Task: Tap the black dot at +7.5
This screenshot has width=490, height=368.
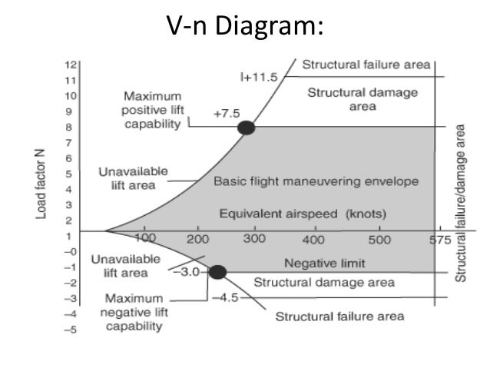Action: click(x=246, y=128)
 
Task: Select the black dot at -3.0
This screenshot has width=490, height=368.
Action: click(x=217, y=271)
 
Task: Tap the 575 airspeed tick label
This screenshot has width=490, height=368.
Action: click(x=438, y=240)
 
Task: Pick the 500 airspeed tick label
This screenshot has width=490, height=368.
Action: click(x=379, y=240)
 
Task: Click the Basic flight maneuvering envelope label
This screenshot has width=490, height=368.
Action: click(x=316, y=182)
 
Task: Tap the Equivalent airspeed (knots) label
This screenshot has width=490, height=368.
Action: click(x=302, y=213)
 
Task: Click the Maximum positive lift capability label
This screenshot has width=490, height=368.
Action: click(x=154, y=110)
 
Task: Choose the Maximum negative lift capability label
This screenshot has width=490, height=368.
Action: click(x=134, y=312)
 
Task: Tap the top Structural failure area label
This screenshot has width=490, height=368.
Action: click(x=365, y=65)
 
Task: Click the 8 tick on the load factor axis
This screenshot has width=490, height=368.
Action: click(x=71, y=128)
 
